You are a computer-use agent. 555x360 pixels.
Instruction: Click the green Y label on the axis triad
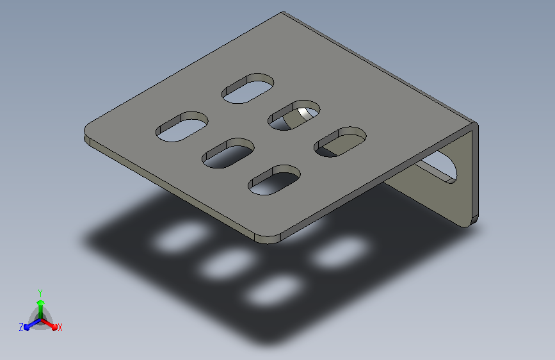pyautogui.click(x=40, y=293)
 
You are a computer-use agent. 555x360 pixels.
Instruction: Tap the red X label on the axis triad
pyautogui.click(x=60, y=327)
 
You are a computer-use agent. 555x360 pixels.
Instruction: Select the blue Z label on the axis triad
pyautogui.click(x=21, y=327)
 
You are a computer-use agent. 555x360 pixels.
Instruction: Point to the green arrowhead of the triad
pyautogui.click(x=40, y=302)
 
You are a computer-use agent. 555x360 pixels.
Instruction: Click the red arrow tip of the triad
pyautogui.click(x=54, y=327)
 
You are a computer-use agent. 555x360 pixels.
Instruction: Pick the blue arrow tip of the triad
pyautogui.click(x=26, y=327)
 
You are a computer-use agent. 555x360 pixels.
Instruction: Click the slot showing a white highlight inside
pyautogui.click(x=294, y=115)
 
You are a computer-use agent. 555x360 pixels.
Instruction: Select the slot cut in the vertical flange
pyautogui.click(x=439, y=167)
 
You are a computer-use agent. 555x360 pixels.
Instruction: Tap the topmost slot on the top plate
pyautogui.click(x=248, y=88)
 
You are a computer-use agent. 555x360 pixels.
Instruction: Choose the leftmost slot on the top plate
pyautogui.click(x=182, y=126)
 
